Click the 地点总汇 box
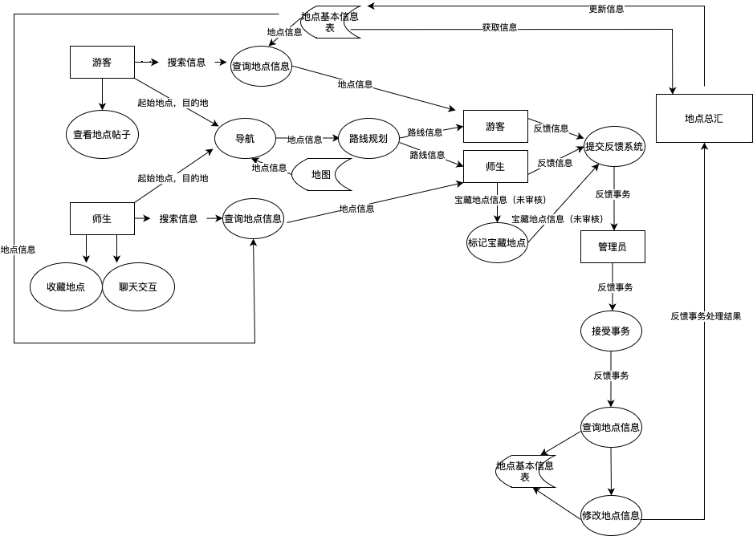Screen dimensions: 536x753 click(x=703, y=118)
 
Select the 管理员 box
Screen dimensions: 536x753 click(x=613, y=247)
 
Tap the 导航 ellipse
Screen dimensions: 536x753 click(x=245, y=139)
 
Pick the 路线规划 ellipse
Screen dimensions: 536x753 click(x=368, y=139)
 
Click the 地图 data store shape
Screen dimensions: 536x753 click(x=320, y=174)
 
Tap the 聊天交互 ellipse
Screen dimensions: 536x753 click(x=137, y=287)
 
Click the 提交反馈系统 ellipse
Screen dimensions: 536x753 click(x=614, y=147)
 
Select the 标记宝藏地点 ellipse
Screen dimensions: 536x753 click(x=497, y=242)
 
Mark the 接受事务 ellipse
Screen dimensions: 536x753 click(x=611, y=331)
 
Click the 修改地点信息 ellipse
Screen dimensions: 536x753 click(x=611, y=515)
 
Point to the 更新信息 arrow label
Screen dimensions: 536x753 click(x=606, y=9)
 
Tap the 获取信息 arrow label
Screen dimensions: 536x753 click(x=499, y=27)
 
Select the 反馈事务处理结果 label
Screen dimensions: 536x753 click(x=706, y=316)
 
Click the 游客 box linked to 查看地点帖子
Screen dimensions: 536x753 click(x=102, y=63)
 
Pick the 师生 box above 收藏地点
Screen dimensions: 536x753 click(x=102, y=218)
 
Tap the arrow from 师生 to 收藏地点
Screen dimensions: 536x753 click(x=86, y=249)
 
